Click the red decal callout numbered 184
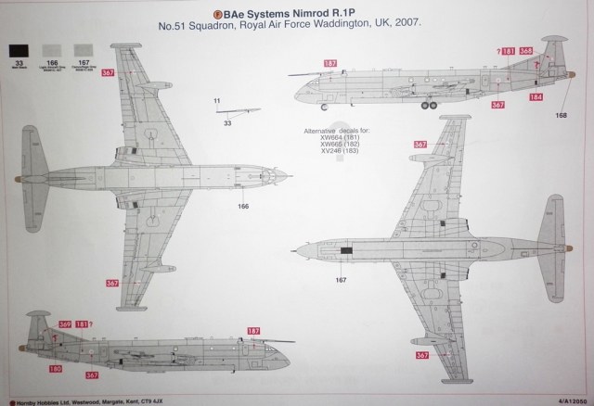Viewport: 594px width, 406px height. click(x=536, y=96)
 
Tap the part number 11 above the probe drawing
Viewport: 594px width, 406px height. click(x=216, y=100)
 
